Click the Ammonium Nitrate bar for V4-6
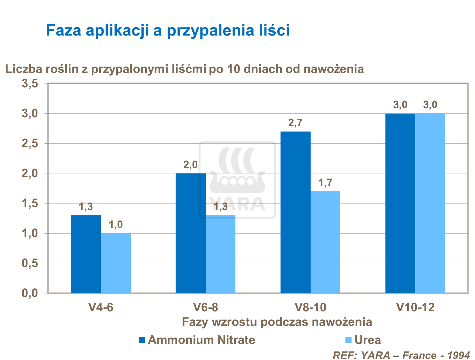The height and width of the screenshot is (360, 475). pyautogui.click(x=85, y=254)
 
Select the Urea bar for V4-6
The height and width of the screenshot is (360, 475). pyautogui.click(x=115, y=263)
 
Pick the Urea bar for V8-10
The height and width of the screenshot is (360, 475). pyautogui.click(x=325, y=242)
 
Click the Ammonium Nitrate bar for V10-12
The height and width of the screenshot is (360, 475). pyautogui.click(x=400, y=203)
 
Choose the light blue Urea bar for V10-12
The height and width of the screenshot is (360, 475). pyautogui.click(x=430, y=203)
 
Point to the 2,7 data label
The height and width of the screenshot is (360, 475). pyautogui.click(x=295, y=123)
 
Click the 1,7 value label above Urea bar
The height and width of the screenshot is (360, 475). pyautogui.click(x=325, y=183)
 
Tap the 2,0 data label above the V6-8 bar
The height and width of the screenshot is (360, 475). pyautogui.click(x=190, y=165)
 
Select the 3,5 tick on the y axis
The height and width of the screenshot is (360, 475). pyautogui.click(x=30, y=84)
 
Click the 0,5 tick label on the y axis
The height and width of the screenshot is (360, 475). pyautogui.click(x=30, y=263)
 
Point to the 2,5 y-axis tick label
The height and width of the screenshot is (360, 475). pyautogui.click(x=30, y=144)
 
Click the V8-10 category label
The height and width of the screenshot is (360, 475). pyautogui.click(x=310, y=308)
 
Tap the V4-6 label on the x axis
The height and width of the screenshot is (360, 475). pyautogui.click(x=101, y=308)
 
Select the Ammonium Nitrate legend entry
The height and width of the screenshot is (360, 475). pyautogui.click(x=197, y=340)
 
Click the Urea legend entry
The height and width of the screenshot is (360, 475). pyautogui.click(x=363, y=340)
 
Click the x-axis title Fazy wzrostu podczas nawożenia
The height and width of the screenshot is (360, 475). pyautogui.click(x=277, y=322)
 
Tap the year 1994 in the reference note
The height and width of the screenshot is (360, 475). pyautogui.click(x=458, y=355)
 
